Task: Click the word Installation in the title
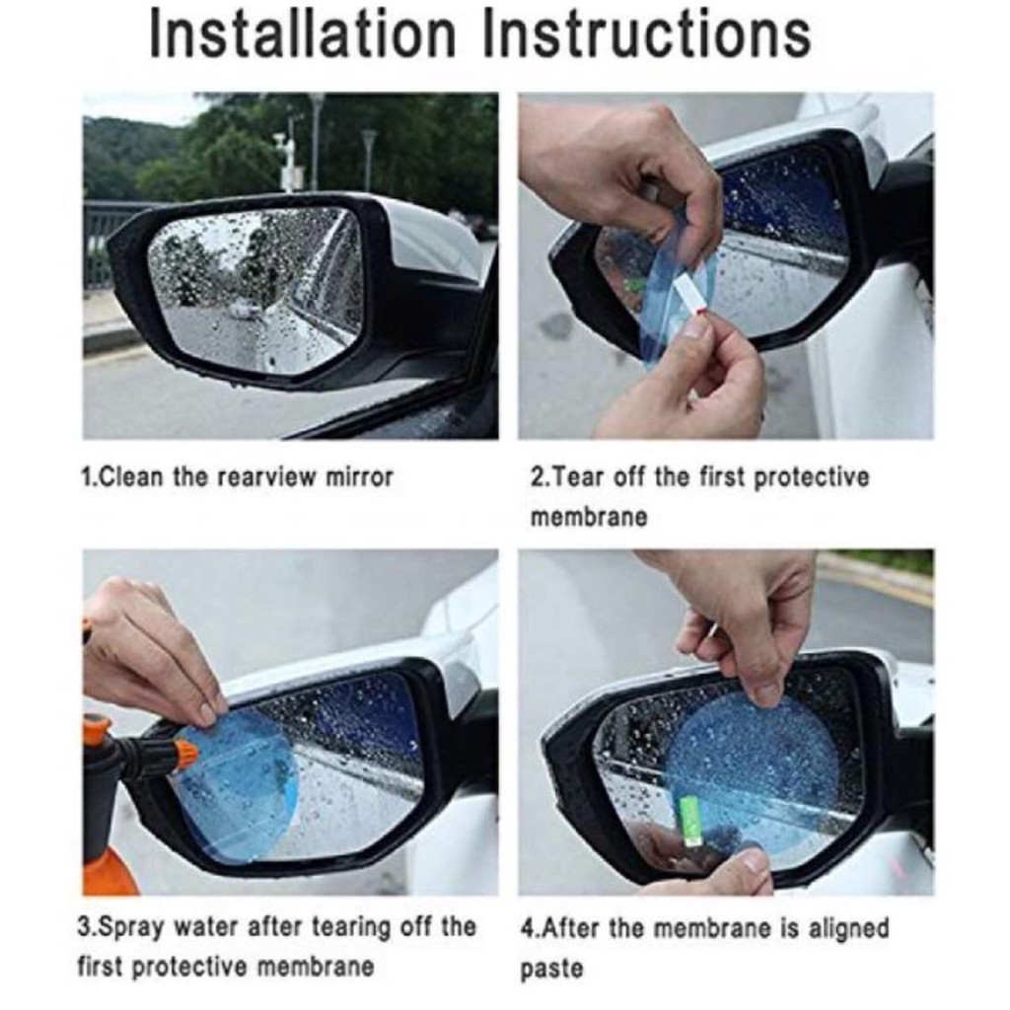pyautogui.click(x=302, y=36)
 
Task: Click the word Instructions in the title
pyautogui.click(x=646, y=36)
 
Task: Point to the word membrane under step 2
pyautogui.click(x=588, y=517)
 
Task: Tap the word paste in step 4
pyautogui.click(x=551, y=970)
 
